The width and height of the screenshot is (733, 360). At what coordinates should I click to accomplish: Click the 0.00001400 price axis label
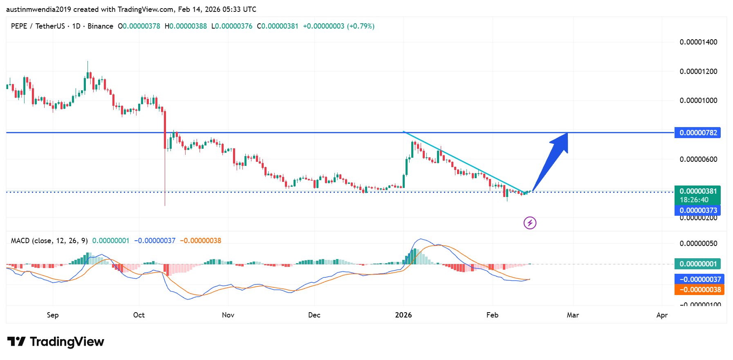[x=698, y=42]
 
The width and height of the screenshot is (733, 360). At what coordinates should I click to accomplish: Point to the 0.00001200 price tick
[x=698, y=72]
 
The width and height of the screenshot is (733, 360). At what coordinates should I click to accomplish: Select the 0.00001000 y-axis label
[x=698, y=101]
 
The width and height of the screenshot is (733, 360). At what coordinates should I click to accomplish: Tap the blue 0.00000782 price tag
[x=697, y=133]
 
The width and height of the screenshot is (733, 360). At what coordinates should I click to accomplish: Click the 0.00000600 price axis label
[x=698, y=159]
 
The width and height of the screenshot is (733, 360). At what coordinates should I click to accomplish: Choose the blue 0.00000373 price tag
[x=697, y=210]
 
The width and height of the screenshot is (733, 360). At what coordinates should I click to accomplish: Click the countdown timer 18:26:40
[x=694, y=200]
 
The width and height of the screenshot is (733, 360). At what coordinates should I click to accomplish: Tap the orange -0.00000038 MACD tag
[x=699, y=290]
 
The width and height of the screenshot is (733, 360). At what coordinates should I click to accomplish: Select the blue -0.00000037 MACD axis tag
[x=699, y=280]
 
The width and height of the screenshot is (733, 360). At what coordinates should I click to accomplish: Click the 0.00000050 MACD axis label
[x=698, y=244]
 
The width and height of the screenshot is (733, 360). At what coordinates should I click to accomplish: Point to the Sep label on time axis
[x=53, y=315]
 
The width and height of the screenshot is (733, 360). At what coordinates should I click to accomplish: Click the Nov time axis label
[x=228, y=315]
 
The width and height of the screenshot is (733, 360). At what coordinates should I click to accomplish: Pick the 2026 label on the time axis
[x=403, y=315]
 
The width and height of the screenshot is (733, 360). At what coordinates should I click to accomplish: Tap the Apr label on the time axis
[x=662, y=315]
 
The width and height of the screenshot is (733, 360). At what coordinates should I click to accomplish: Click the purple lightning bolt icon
[x=530, y=223]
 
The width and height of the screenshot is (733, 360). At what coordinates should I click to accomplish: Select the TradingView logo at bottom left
[x=56, y=342]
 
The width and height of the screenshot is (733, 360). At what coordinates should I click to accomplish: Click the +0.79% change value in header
[x=361, y=26]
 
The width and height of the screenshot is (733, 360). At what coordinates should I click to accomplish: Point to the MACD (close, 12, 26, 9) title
[x=49, y=241]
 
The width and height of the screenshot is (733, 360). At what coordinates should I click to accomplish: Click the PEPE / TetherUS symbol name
[x=38, y=26]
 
